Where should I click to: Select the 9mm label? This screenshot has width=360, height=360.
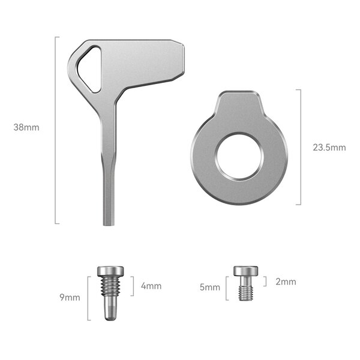(x=70, y=298)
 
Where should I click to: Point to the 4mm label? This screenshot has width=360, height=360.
(x=151, y=286)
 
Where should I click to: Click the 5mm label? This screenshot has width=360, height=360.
(x=210, y=287)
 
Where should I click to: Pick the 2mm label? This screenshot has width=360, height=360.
(x=285, y=281)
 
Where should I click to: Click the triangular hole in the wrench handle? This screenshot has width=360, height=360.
(x=90, y=69)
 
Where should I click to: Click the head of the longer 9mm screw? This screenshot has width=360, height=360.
(x=110, y=271)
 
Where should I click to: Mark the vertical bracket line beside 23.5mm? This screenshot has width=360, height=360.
(x=299, y=147)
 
